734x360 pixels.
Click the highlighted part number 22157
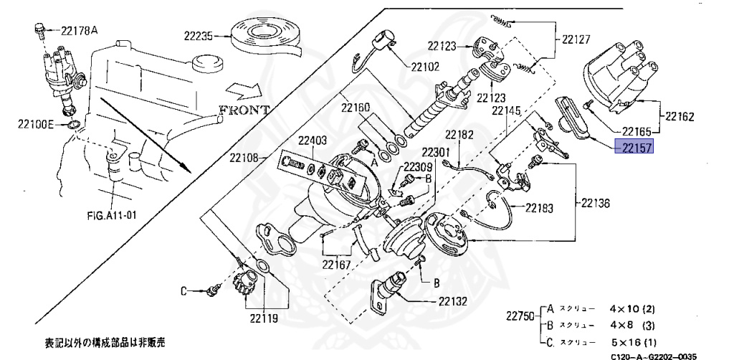(637, 149)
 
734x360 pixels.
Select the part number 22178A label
(79, 30)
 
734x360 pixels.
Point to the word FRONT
(244, 110)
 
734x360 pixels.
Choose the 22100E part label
(37, 124)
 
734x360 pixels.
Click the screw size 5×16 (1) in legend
(632, 341)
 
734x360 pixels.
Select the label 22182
(459, 134)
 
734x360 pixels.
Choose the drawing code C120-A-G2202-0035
(652, 355)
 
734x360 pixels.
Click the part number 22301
(435, 153)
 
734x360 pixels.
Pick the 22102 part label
(426, 67)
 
